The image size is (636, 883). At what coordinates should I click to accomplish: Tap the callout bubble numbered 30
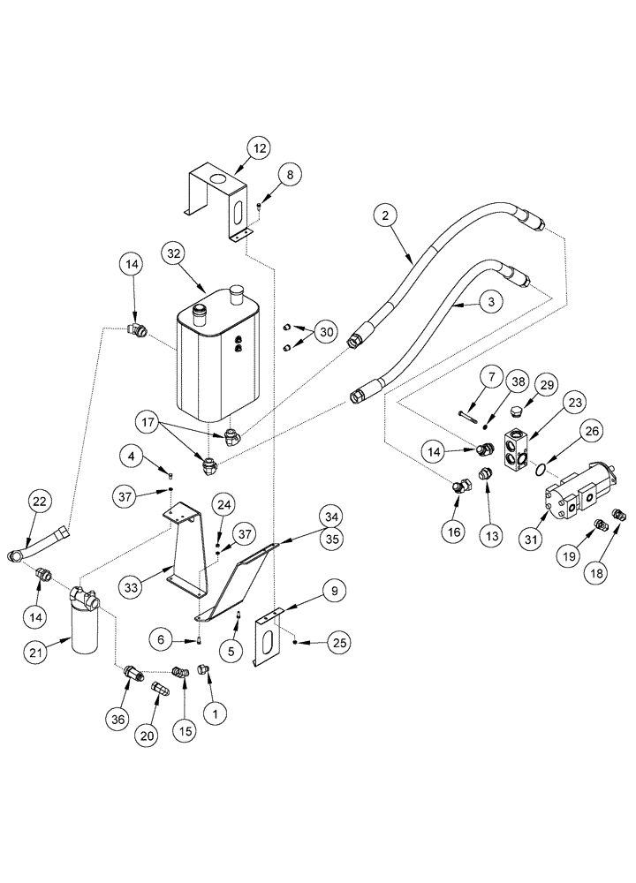click(x=327, y=332)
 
